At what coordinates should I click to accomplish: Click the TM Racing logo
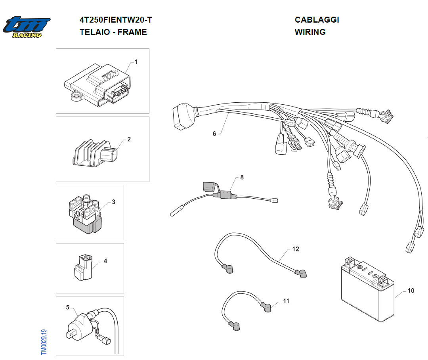(27, 27)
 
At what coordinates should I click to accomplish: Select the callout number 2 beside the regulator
(129, 139)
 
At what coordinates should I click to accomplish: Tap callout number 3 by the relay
(113, 202)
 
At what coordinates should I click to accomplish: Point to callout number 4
(105, 261)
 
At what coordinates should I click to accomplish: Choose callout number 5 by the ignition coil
(68, 307)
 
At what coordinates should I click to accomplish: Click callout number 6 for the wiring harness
(214, 134)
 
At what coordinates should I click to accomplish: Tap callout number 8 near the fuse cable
(242, 177)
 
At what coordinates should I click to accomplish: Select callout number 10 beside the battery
(411, 291)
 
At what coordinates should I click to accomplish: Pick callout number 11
(286, 301)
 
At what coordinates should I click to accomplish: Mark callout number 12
(296, 249)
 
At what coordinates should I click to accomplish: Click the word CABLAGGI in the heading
(317, 20)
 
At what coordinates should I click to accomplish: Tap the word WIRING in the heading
(310, 32)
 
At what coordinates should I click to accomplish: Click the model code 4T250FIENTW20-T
(116, 20)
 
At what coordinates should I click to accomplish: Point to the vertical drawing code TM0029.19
(44, 342)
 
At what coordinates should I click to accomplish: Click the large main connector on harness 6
(182, 117)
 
